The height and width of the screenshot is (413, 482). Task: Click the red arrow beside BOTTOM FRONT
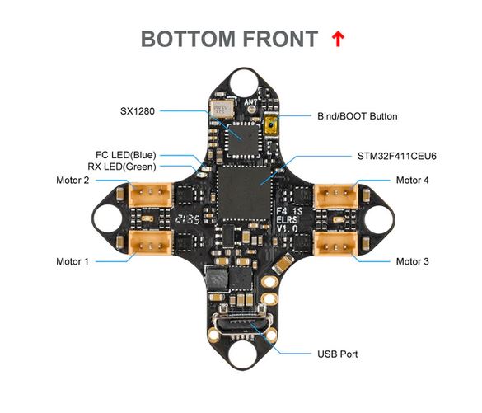tap(338, 39)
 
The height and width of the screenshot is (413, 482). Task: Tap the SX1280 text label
tap(137, 111)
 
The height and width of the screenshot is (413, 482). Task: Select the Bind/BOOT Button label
tap(358, 116)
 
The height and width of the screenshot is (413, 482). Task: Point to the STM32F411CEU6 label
tap(396, 157)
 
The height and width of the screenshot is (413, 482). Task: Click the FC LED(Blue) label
tap(126, 155)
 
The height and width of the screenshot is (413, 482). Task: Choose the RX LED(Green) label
tap(122, 167)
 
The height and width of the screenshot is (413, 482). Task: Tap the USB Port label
tap(337, 354)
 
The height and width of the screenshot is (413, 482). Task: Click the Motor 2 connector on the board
tap(150, 195)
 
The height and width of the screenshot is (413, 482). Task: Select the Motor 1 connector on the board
tap(150, 243)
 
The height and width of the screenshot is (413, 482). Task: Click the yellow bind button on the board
tap(271, 125)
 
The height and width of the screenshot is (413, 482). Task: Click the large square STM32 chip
tap(245, 193)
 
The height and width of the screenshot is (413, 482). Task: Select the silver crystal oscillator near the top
tap(222, 109)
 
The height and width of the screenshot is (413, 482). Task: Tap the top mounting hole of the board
tap(245, 82)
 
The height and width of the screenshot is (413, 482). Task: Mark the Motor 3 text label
tap(412, 261)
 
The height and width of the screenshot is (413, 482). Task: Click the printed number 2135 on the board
tap(188, 219)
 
